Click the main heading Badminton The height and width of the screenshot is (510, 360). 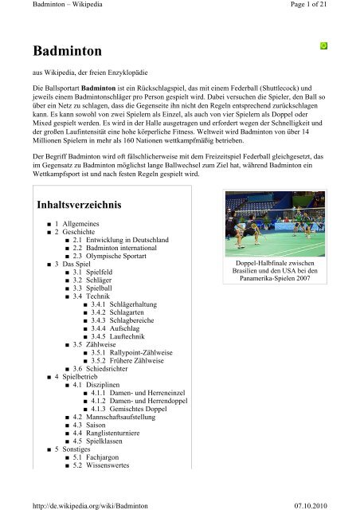click(65, 53)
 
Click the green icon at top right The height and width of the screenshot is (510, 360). click(323, 45)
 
